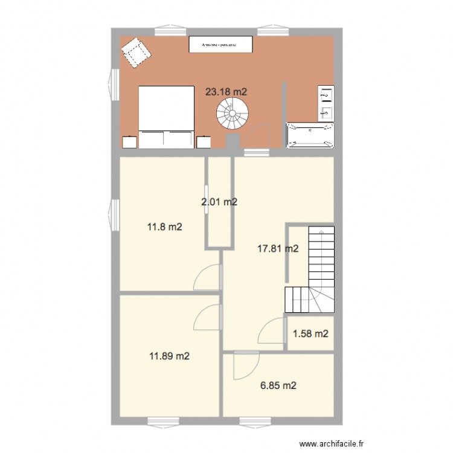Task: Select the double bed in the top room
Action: click(x=166, y=117)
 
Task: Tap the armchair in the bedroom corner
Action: click(x=137, y=53)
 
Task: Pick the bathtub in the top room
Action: click(x=310, y=135)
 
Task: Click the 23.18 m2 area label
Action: click(x=226, y=92)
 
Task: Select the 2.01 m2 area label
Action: click(x=219, y=202)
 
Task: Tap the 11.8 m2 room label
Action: click(x=165, y=227)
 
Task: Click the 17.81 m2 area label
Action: click(x=278, y=248)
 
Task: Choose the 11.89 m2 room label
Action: click(x=170, y=356)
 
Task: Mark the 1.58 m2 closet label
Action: click(x=310, y=333)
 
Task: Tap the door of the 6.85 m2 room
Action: click(x=246, y=364)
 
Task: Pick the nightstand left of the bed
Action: click(x=130, y=142)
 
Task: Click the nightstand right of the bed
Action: click(x=203, y=142)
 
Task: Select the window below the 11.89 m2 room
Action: click(x=163, y=421)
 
